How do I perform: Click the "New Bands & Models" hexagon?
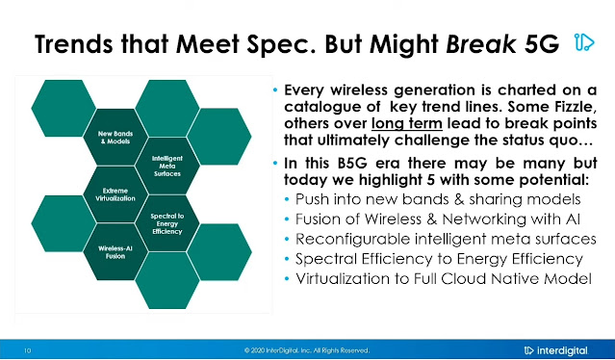tap(115, 138)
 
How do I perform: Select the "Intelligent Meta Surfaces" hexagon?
tap(167, 166)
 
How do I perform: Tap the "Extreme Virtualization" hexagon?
tap(115, 194)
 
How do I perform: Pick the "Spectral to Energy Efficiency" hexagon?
tap(167, 223)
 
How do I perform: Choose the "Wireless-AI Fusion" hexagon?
tap(115, 252)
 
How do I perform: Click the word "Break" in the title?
tap(481, 44)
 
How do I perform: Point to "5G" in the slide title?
tap(541, 44)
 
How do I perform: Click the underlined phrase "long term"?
tap(407, 123)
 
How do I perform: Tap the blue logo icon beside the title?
tap(584, 42)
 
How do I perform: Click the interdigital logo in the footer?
tap(556, 350)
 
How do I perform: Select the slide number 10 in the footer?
tap(28, 350)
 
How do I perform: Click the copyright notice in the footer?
tap(307, 350)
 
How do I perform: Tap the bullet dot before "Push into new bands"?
tap(287, 199)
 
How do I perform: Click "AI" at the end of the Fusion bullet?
tap(573, 219)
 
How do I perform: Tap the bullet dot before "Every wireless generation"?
tap(275, 90)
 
